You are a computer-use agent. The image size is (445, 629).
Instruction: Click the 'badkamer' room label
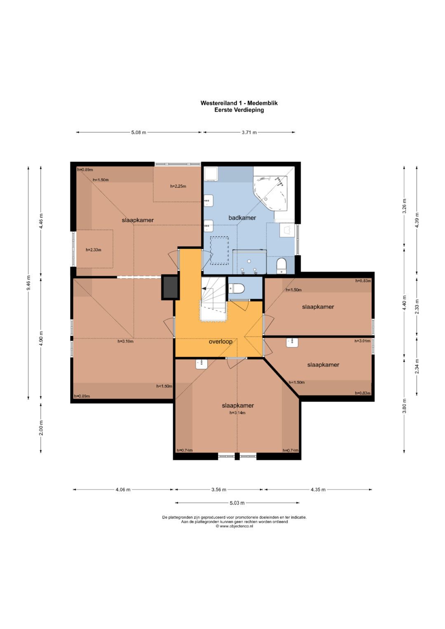[242, 217]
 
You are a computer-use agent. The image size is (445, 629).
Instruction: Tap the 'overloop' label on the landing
[220, 342]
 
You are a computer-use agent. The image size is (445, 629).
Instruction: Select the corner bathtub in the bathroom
[271, 193]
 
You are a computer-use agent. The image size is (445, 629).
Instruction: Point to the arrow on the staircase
[204, 288]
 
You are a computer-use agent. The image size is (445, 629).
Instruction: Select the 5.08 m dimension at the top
[139, 132]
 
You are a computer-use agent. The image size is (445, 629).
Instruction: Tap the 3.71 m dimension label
[249, 132]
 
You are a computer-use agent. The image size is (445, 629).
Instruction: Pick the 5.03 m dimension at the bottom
[237, 503]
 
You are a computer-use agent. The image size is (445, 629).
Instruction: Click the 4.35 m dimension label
[318, 489]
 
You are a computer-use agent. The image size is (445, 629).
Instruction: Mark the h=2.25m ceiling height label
[178, 186]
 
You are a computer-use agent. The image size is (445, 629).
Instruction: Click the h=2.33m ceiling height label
[94, 250]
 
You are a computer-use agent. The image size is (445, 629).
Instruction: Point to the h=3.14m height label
[237, 413]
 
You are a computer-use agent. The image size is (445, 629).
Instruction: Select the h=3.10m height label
[125, 341]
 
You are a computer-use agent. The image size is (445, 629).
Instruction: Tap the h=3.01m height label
[363, 341]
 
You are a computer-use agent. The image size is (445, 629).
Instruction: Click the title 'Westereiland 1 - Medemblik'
[239, 103]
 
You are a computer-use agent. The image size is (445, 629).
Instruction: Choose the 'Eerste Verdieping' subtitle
[239, 110]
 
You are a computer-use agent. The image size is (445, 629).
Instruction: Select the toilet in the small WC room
[236, 288]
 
